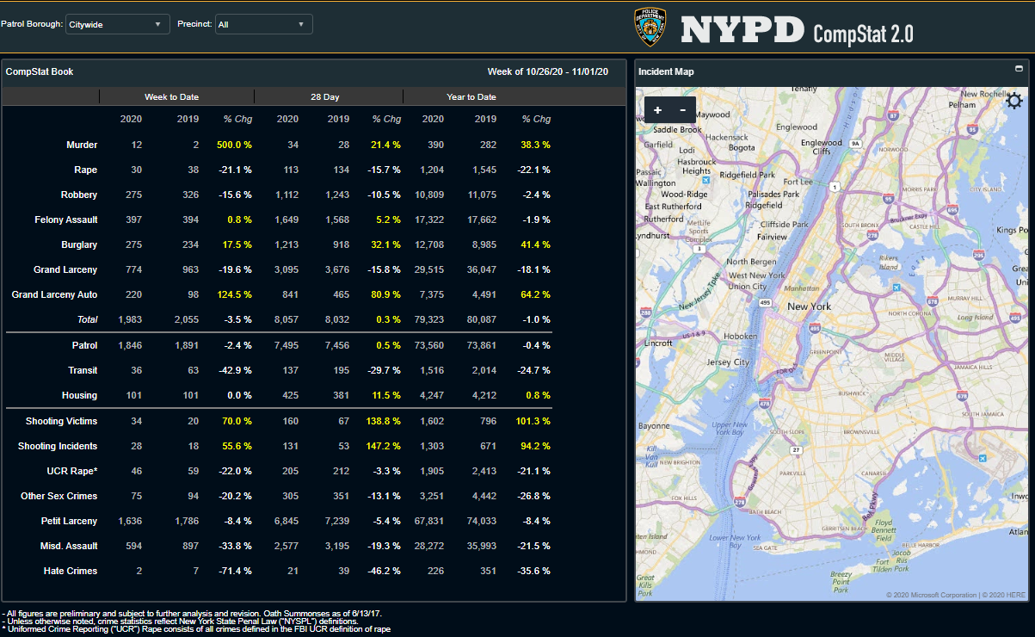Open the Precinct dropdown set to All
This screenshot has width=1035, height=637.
pos(263,24)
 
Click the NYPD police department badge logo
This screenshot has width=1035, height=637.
pos(650,28)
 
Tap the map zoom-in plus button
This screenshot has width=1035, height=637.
pos(658,110)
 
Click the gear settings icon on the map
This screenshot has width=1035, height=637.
pos(1014,102)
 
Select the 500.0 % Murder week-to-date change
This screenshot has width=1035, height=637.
pos(234,145)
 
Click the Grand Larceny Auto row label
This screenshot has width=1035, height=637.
pos(54,294)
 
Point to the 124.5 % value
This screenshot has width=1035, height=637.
pos(234,294)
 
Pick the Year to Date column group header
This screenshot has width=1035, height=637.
pos(471,96)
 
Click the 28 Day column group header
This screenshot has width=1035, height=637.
pos(325,96)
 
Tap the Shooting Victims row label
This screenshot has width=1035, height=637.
pos(61,421)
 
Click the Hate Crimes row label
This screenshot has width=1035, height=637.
pos(71,571)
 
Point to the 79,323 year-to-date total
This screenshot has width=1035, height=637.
pos(428,319)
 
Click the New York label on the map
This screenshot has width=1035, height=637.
pos(810,306)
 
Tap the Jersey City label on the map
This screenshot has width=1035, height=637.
pos(729,362)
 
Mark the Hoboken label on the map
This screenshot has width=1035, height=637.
pos(741,337)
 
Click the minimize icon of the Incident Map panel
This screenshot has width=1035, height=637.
pos(1020,69)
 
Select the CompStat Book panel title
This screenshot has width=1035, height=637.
pos(40,71)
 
